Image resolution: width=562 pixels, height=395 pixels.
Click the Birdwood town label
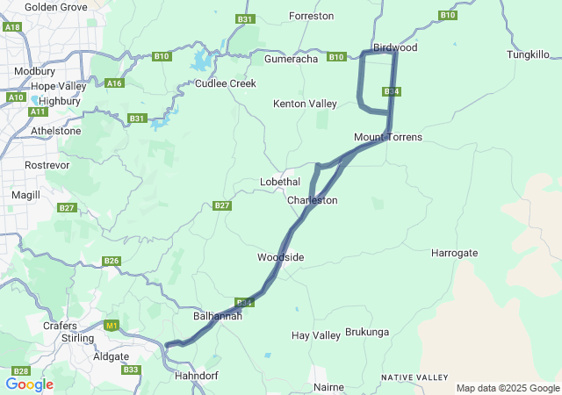click(x=394, y=47)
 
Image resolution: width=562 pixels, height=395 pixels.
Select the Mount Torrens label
click(x=388, y=137)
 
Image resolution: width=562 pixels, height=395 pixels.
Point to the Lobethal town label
click(x=280, y=182)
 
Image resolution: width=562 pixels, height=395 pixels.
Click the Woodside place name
click(x=280, y=257)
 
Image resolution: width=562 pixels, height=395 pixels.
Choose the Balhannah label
click(x=217, y=315)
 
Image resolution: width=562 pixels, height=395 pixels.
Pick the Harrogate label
click(x=455, y=253)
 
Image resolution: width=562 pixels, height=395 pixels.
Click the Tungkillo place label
click(x=529, y=54)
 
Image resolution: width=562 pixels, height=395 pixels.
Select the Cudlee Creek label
click(x=225, y=83)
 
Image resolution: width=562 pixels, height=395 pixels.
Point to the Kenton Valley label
click(x=305, y=104)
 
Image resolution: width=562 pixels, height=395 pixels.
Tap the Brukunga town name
click(x=367, y=332)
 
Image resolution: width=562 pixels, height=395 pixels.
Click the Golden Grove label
click(x=55, y=6)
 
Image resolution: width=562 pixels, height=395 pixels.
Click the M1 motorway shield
click(x=111, y=326)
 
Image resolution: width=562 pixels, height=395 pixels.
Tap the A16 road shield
click(x=113, y=83)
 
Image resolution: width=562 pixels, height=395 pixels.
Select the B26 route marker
click(x=111, y=261)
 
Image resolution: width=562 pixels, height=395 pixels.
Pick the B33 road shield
click(x=131, y=370)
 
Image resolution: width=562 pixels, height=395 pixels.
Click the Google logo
click(x=29, y=384)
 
